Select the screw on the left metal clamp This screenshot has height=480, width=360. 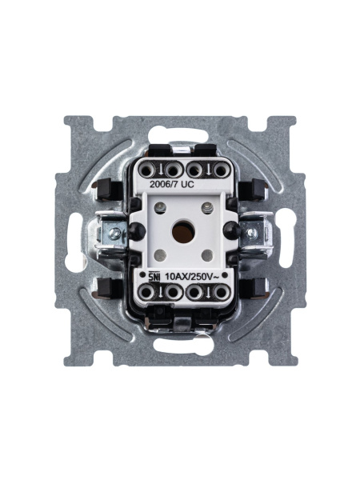[116, 234]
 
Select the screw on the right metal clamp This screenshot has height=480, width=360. [251, 234]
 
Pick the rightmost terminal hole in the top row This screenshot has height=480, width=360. [216, 170]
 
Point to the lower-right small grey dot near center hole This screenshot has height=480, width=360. [206, 255]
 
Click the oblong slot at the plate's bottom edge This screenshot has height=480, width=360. [183, 350]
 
